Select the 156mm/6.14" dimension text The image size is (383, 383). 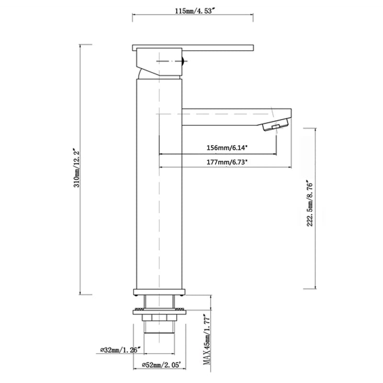click(218, 147)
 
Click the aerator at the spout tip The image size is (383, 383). click(271, 127)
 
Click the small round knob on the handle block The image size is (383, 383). click(181, 61)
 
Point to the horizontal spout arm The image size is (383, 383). click(230, 116)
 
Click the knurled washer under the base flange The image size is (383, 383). click(158, 310)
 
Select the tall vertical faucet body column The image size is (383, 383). click(158, 191)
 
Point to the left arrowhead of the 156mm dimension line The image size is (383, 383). click(161, 154)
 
